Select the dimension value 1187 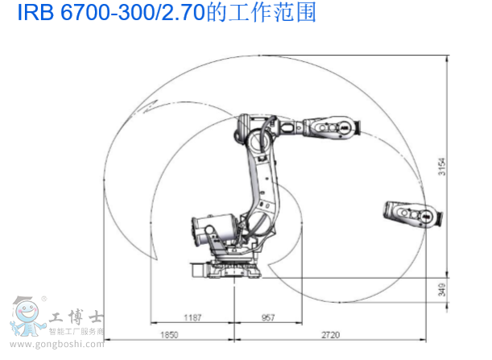(191, 318)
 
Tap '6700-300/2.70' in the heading (120, 14)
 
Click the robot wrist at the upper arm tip (332, 126)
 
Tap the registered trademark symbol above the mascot (44, 297)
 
